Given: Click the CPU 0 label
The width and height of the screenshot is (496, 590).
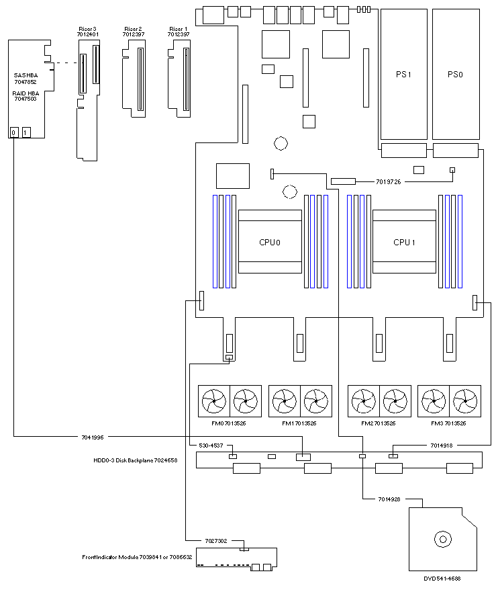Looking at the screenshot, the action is (x=270, y=243).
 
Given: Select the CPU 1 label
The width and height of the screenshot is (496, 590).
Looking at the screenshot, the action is (x=404, y=243).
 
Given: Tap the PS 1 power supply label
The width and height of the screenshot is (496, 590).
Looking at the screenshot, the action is (x=403, y=75).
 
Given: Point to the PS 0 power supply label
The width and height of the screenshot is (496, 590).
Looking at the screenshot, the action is (x=455, y=75).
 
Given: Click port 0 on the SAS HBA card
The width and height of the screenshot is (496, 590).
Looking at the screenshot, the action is (x=13, y=132).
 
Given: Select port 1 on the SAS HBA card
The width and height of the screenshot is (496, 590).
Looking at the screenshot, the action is (x=26, y=132).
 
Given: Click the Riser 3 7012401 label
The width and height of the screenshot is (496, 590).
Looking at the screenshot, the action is (x=87, y=32).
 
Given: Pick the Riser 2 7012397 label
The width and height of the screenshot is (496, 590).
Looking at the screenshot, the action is (x=134, y=32).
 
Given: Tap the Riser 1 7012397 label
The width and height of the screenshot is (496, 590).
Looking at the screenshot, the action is (x=179, y=32).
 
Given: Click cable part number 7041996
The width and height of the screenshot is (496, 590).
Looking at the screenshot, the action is (x=93, y=437).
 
